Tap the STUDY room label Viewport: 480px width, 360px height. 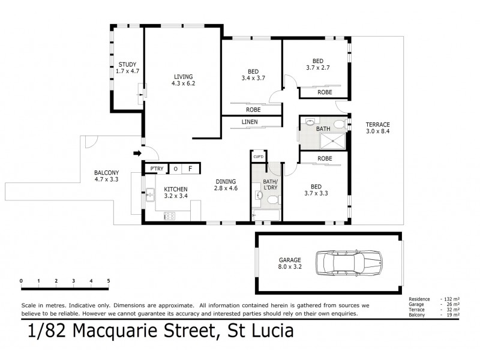click(x=127, y=68)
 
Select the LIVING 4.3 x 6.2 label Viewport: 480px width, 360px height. click(x=184, y=80)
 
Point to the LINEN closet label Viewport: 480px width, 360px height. click(x=250, y=122)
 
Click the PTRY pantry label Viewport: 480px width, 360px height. click(x=157, y=169)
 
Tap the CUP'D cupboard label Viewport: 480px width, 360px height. click(x=259, y=157)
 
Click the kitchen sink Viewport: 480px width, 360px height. click(x=149, y=194)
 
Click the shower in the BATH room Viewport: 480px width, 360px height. click(x=329, y=141)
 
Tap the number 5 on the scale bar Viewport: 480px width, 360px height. click(x=109, y=281)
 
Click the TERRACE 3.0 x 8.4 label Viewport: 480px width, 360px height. click(x=378, y=128)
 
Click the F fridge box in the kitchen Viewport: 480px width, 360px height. click(x=190, y=169)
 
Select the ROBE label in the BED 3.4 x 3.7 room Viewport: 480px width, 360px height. click(x=253, y=110)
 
